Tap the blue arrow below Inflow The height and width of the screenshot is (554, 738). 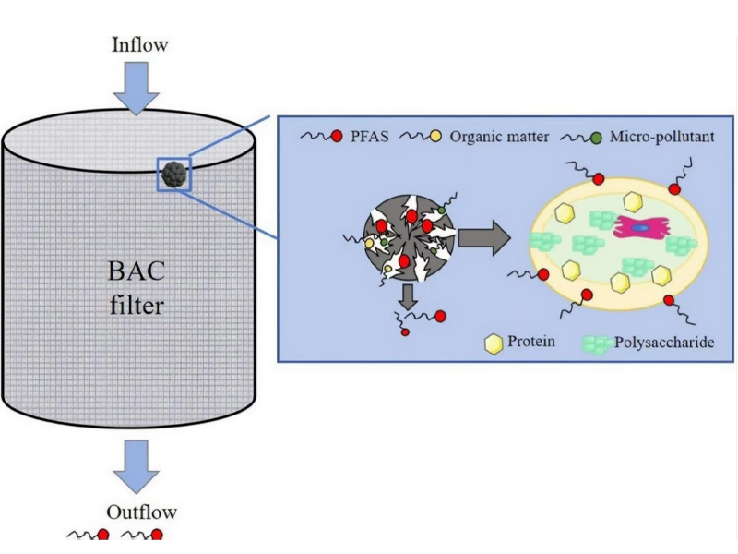[x=137, y=88]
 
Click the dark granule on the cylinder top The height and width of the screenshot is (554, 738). [x=173, y=172]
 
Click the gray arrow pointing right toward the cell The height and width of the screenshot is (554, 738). [x=483, y=238]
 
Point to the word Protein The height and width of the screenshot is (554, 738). [x=532, y=343]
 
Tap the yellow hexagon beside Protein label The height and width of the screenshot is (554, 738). [x=494, y=344]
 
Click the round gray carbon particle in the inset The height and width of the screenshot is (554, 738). [x=406, y=235]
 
